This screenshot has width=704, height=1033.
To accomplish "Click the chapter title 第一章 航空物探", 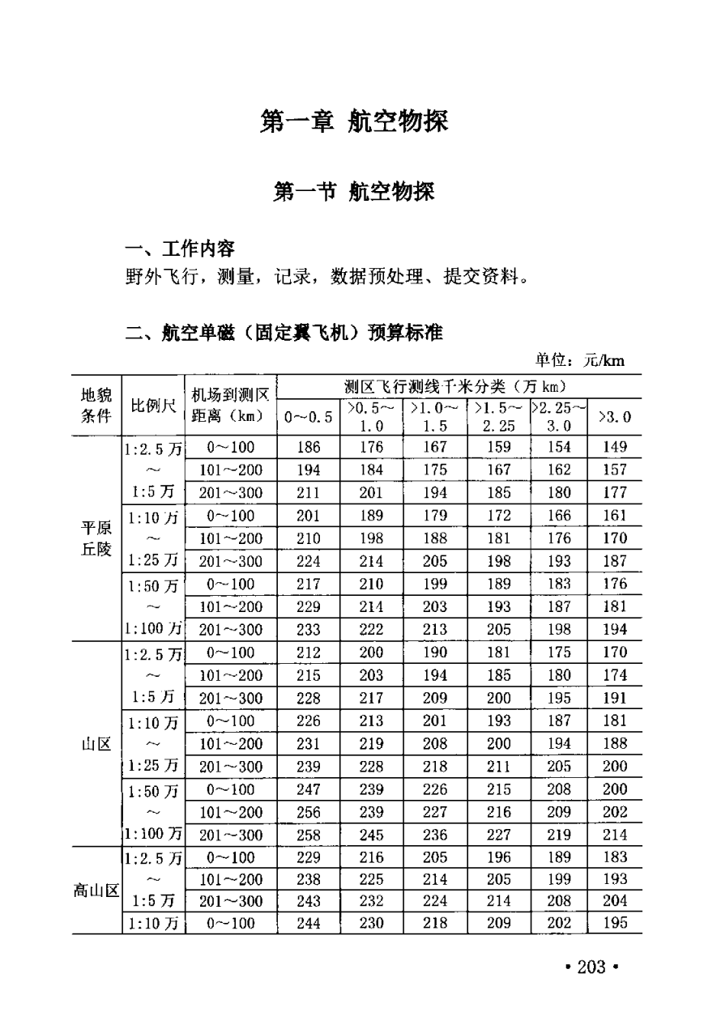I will coord(353,122).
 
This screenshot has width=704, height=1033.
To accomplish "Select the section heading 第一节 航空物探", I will coord(354,193).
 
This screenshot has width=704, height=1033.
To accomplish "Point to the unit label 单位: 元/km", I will coord(579,360).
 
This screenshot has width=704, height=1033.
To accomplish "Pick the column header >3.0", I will coord(615,417).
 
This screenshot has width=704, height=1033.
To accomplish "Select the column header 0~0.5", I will coord(309,417).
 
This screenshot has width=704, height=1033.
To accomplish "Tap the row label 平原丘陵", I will coord(96,538).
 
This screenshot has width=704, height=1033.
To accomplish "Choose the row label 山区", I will coord(96,743).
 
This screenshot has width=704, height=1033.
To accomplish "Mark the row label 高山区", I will coord(96,891).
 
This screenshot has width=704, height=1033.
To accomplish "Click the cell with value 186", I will coord(309,447).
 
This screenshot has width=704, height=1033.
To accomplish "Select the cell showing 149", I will coord(615,447).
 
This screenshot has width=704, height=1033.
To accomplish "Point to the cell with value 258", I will coord(309,835).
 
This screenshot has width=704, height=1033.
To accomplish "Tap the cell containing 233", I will coord(309,630).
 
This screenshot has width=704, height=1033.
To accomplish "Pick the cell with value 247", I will coord(309,789).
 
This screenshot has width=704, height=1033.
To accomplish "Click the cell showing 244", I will coord(309,923).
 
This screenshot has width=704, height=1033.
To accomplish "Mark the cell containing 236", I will coord(434,835).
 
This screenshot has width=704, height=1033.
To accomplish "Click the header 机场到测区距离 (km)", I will coord(231,406).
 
